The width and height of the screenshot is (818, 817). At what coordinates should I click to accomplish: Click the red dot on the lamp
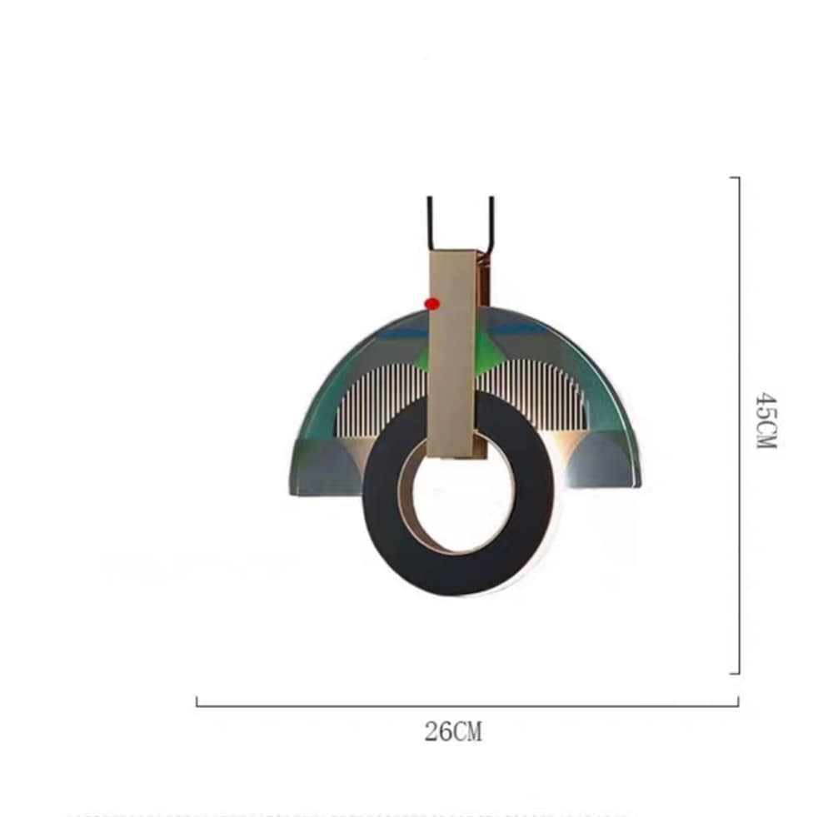432,304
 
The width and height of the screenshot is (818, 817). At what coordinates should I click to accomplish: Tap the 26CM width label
453,731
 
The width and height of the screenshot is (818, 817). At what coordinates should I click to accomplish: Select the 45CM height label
766,421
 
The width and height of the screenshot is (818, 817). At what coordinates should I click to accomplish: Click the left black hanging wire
429,223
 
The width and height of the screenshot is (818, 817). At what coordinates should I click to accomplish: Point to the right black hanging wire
491,224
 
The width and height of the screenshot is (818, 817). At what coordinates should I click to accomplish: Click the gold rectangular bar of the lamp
451,354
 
